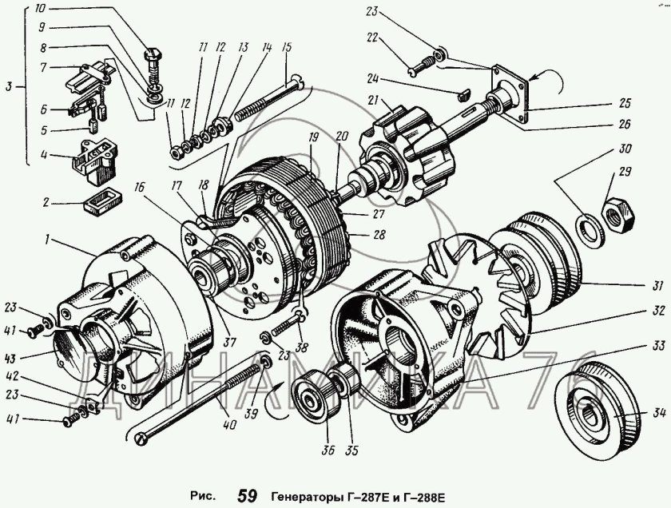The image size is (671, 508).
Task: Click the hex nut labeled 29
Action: tap(616, 213)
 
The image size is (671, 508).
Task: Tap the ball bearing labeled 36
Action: tap(312, 397)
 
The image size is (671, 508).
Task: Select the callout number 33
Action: tap(633, 345)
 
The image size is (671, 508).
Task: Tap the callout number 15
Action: tap(284, 46)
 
